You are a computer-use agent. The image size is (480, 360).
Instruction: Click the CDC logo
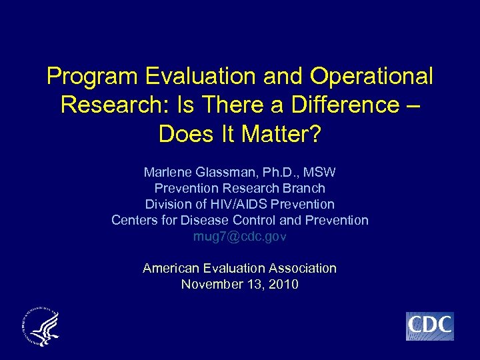(x=429, y=326)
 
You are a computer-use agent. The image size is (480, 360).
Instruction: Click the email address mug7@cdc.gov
(x=240, y=236)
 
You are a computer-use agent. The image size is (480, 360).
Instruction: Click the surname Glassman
(x=229, y=172)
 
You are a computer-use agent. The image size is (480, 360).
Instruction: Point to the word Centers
(x=134, y=220)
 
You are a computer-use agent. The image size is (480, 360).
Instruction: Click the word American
(x=171, y=268)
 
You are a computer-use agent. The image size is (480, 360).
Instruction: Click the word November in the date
(x=211, y=284)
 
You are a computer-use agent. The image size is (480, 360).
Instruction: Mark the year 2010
(x=284, y=284)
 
